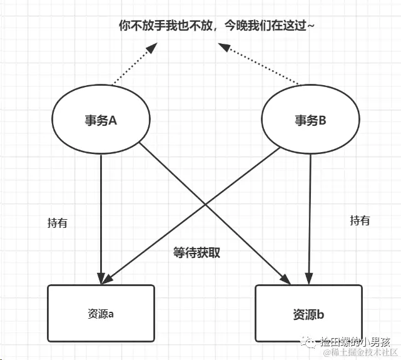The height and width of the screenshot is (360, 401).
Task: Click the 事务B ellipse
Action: pyautogui.click(x=310, y=121)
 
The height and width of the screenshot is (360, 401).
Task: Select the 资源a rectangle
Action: pyautogui.click(x=101, y=314)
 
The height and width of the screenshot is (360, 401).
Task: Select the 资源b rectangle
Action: pyautogui.click(x=308, y=314)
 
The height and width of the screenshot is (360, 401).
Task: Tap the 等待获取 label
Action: pyautogui.click(x=197, y=253)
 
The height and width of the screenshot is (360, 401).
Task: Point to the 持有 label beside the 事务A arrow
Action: pyautogui.click(x=57, y=223)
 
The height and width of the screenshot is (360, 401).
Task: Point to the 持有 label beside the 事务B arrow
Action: pyautogui.click(x=360, y=220)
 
